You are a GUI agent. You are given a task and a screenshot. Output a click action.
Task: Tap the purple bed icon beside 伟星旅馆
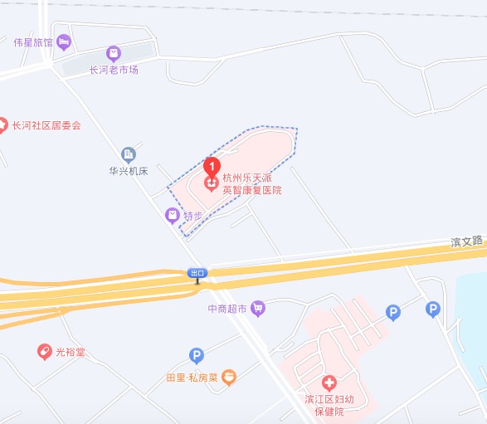pyautogui.click(x=63, y=41)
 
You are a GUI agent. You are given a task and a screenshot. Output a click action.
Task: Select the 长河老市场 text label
pyautogui.click(x=114, y=70)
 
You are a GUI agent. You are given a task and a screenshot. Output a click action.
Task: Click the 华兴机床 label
pyautogui.click(x=129, y=171)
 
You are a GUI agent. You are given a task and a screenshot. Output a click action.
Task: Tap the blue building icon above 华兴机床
pyautogui.click(x=129, y=154)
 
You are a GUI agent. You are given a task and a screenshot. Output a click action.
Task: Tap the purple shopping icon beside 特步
pyautogui.click(x=172, y=216)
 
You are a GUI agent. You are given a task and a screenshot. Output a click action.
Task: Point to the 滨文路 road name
pyautogui.click(x=466, y=241)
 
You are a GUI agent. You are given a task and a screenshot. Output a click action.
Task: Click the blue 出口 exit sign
pyautogui.click(x=197, y=272)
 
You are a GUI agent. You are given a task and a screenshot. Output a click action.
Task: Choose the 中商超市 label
pyautogui.click(x=227, y=309)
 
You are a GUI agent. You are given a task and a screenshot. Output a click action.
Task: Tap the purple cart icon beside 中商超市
pyautogui.click(x=258, y=308)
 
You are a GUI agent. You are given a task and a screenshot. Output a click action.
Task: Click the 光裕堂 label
pyautogui.click(x=71, y=352)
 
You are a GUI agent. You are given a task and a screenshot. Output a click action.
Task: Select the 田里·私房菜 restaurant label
pyautogui.click(x=191, y=378)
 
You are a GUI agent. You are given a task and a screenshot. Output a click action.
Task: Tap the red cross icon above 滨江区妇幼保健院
pyautogui.click(x=329, y=383)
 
